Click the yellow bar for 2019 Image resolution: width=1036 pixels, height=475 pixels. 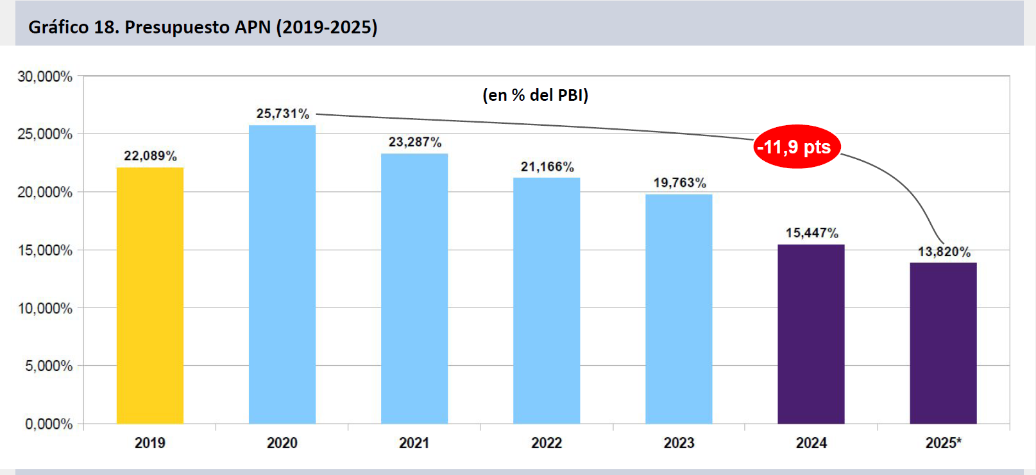[149, 295]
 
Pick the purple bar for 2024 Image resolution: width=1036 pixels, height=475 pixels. [811, 334]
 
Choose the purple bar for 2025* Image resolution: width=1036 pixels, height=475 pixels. [943, 343]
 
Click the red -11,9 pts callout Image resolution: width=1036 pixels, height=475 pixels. [795, 147]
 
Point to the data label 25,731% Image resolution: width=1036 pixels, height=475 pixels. [283, 114]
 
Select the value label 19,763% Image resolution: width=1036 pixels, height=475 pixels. [679, 183]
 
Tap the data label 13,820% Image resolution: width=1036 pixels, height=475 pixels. [944, 252]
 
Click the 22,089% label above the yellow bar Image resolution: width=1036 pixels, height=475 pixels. [150, 156]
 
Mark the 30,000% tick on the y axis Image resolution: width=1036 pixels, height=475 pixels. [45, 76]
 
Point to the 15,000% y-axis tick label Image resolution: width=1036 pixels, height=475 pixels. [45, 250]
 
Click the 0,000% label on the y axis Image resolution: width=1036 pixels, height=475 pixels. [49, 424]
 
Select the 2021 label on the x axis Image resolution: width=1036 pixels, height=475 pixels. [414, 443]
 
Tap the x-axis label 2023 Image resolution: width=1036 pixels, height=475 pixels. [679, 443]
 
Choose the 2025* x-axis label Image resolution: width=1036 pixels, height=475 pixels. [943, 443]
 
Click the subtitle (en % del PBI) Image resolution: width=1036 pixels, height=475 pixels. [535, 95]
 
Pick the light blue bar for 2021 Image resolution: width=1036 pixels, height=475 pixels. [414, 289]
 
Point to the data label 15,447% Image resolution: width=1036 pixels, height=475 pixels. [811, 233]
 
